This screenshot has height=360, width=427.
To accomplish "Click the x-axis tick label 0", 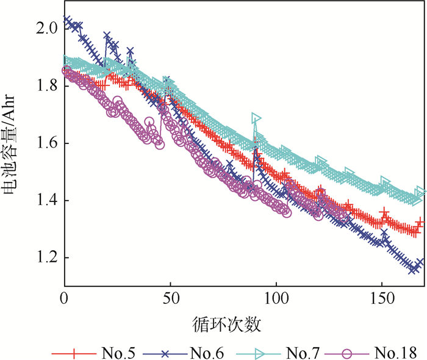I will [64, 300].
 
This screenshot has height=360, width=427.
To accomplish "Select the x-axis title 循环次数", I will [237, 323].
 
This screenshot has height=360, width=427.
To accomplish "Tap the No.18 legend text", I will [396, 352].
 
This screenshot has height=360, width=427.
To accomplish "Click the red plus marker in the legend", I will [74, 352].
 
